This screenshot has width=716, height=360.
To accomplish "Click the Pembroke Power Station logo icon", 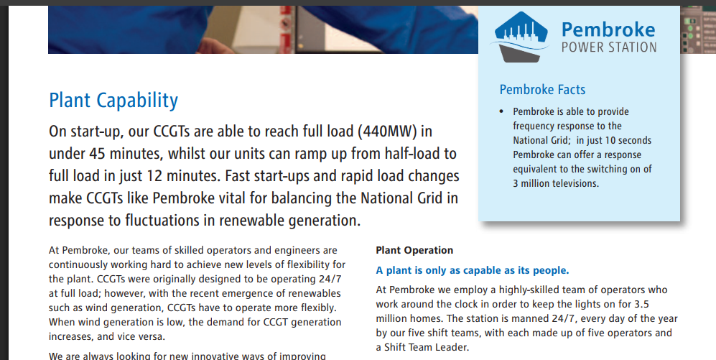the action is tap(521, 37).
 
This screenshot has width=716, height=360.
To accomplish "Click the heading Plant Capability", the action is tap(113, 101).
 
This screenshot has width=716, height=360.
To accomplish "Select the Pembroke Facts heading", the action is tap(542, 90).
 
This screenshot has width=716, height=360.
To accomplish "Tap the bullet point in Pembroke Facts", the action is tap(502, 112).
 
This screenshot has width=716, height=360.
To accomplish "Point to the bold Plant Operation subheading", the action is tap(414, 250).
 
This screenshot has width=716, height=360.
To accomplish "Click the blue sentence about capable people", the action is tap(473, 270).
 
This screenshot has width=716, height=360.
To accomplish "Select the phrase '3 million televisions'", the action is tap(555, 184).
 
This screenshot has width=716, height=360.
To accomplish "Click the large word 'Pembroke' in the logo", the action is tap(608, 29).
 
